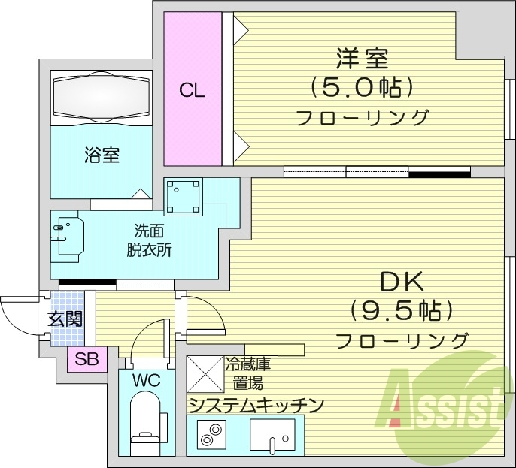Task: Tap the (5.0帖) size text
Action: [x=362, y=89]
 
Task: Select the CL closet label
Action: [x=193, y=92]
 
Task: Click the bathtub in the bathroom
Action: [x=102, y=97]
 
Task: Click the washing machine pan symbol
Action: [x=184, y=196]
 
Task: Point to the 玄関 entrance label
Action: [x=66, y=319]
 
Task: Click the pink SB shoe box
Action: [x=87, y=359]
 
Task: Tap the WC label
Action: [x=147, y=380]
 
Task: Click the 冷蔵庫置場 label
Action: [x=247, y=373]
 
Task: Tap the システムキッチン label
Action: [x=256, y=406]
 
